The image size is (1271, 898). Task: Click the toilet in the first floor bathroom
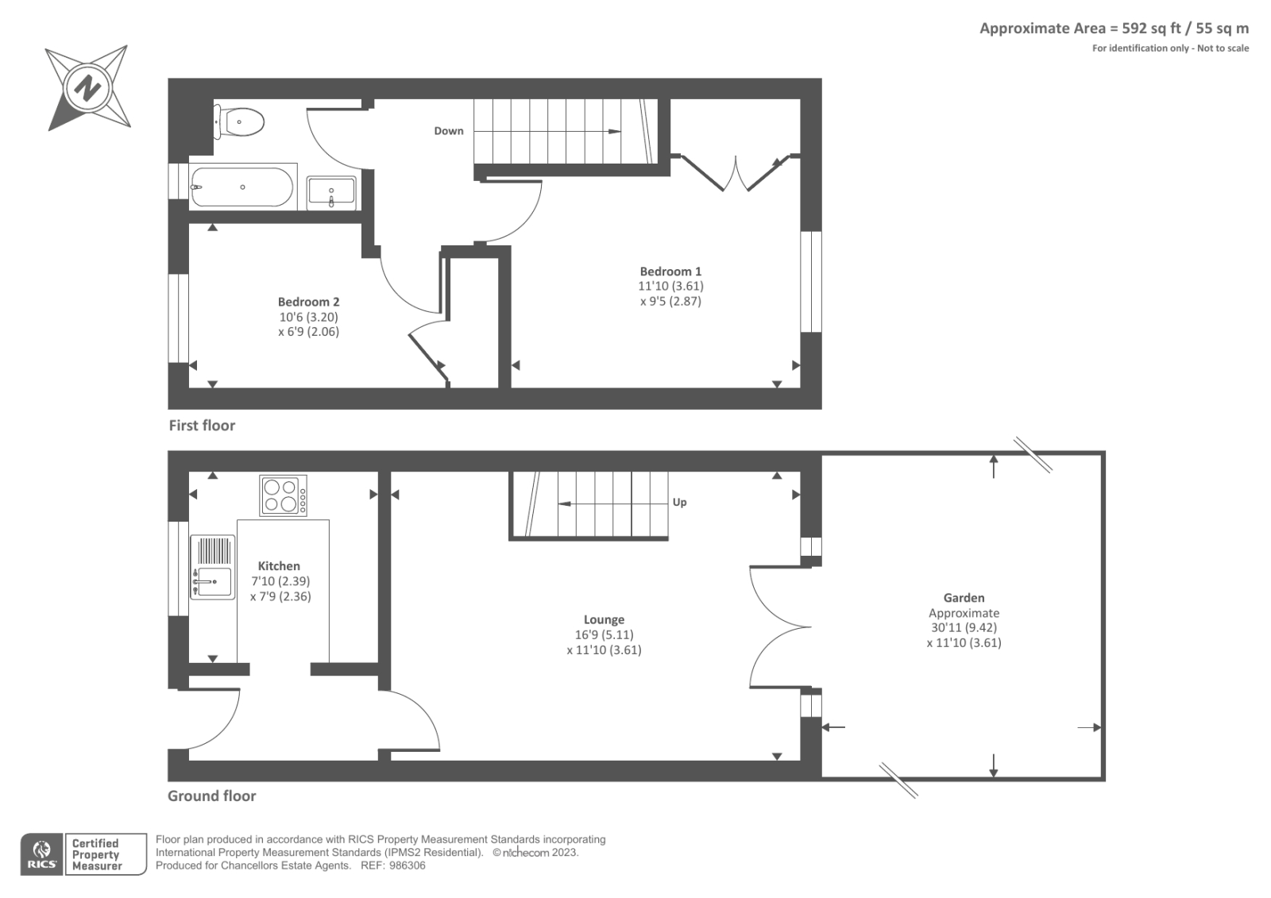coord(241,122)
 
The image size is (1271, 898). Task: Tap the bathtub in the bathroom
coord(242,187)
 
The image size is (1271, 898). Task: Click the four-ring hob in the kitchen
coord(283,495)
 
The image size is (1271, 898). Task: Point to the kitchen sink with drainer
coord(212,567)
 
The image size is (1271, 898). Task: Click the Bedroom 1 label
coord(670,272)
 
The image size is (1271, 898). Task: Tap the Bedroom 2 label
coord(308,302)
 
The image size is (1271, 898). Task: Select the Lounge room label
coord(604,619)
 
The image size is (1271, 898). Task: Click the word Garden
coord(964,598)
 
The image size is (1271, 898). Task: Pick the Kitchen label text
coord(279,566)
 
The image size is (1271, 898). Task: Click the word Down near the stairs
coord(448,131)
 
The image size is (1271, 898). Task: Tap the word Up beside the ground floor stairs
coord(679,503)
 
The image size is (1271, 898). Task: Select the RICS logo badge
coord(41,854)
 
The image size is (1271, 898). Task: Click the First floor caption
coord(202,426)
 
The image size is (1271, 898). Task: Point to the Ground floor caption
coord(211,796)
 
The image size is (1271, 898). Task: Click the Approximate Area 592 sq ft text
coord(1114,29)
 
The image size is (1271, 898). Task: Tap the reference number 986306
coord(406,865)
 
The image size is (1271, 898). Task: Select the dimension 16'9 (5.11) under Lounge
coord(604,635)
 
